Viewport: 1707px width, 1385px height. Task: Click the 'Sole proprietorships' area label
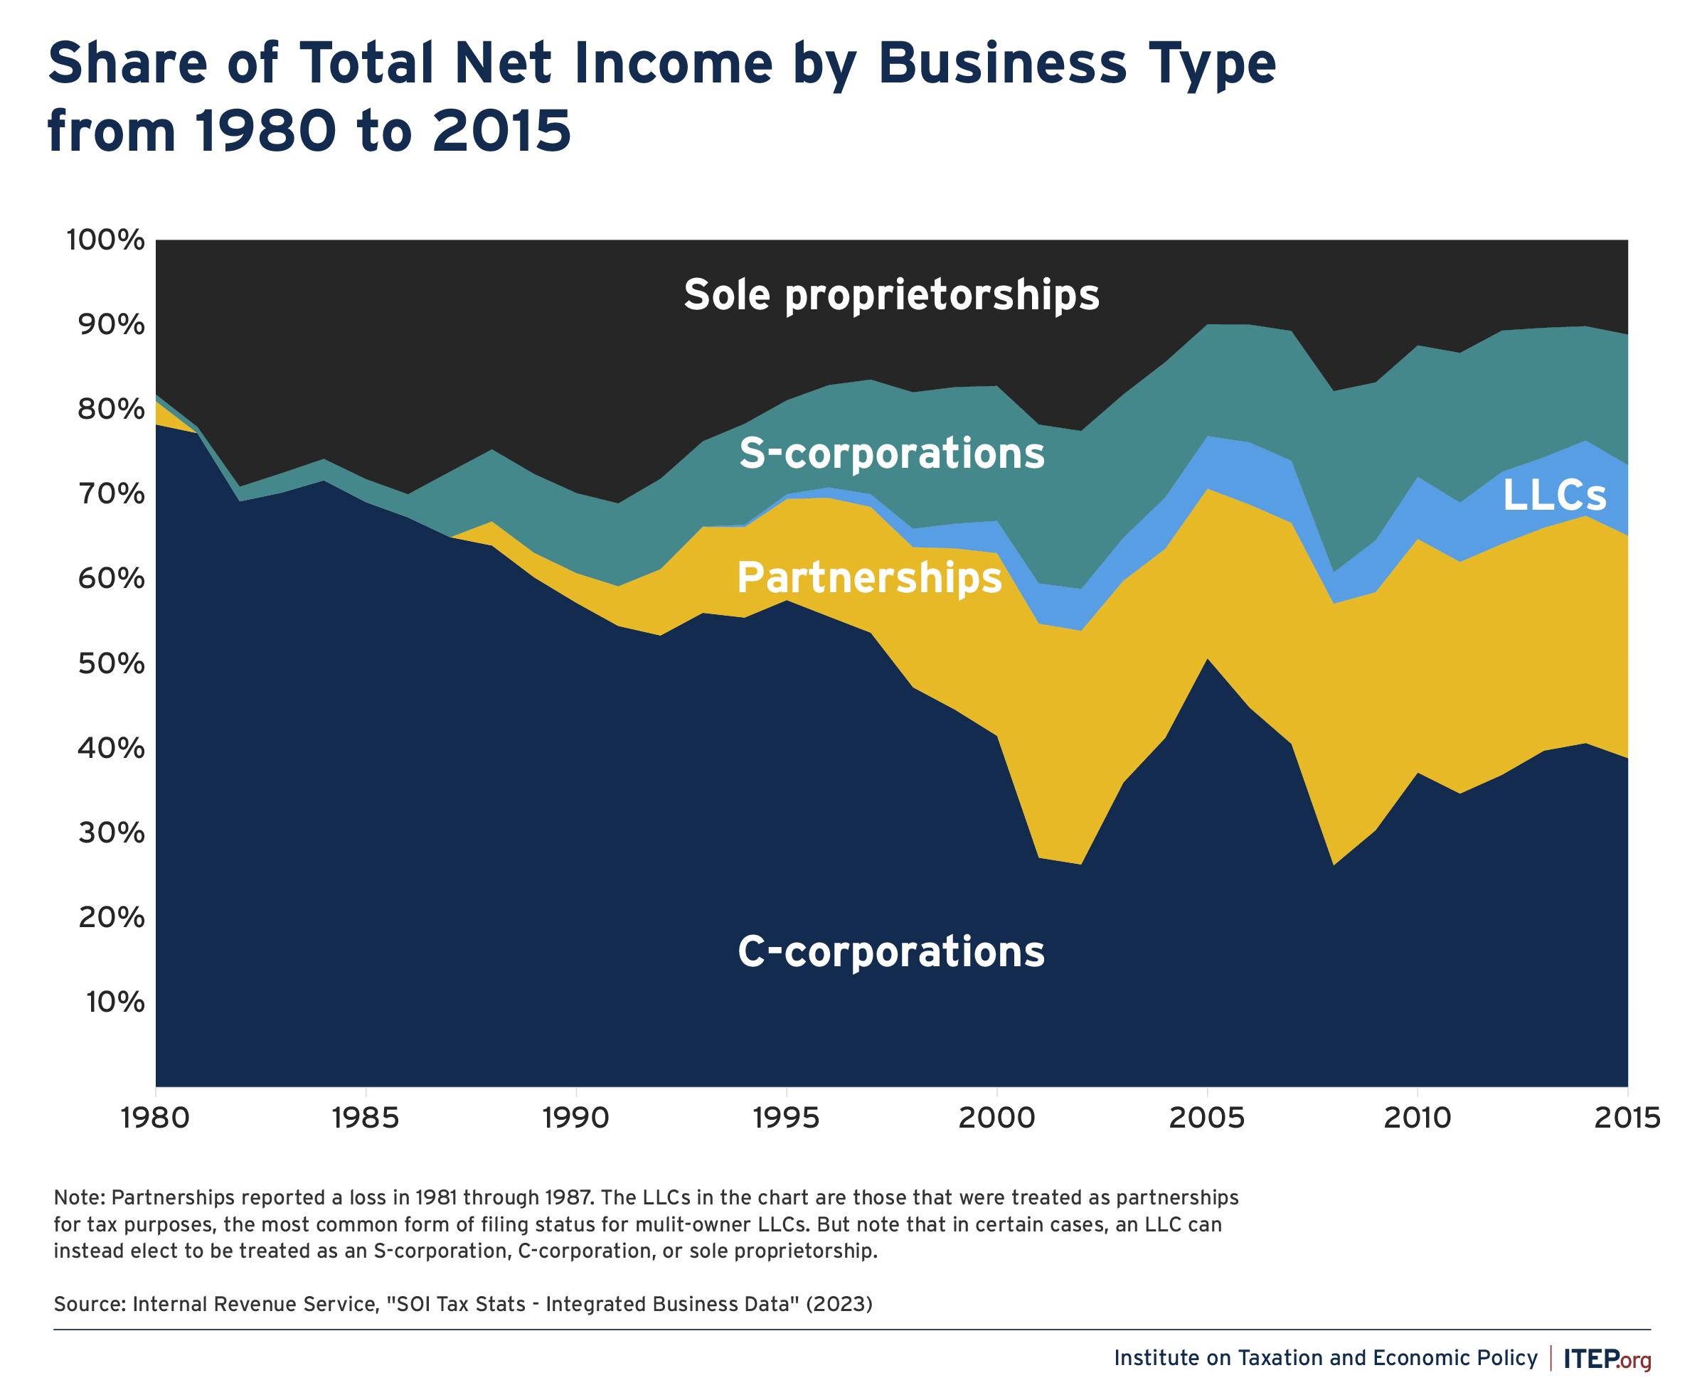[x=890, y=295]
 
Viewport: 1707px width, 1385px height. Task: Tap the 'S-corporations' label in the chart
[x=890, y=453]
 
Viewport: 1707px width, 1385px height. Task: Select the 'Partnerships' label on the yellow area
[x=868, y=577]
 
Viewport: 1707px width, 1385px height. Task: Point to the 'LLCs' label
[x=1554, y=496]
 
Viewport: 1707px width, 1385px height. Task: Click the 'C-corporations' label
[x=890, y=951]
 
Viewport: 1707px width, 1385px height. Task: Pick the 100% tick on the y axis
[x=105, y=240]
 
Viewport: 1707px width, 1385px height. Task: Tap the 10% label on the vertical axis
[x=115, y=1002]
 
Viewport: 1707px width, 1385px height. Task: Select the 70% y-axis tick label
[x=111, y=494]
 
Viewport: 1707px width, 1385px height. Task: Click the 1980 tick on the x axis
[x=156, y=1118]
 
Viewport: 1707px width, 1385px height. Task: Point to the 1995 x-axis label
[x=786, y=1118]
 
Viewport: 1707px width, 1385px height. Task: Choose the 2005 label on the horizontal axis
[x=1206, y=1118]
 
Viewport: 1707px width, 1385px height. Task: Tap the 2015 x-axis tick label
[x=1627, y=1118]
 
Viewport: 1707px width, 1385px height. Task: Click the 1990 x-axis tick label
[x=575, y=1118]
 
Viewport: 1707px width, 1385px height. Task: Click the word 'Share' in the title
[x=128, y=64]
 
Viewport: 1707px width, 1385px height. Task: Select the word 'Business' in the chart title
[x=1002, y=64]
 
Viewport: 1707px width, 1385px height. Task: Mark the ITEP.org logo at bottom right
[x=1607, y=1359]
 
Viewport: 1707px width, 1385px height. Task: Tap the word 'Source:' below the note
[x=90, y=1305]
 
